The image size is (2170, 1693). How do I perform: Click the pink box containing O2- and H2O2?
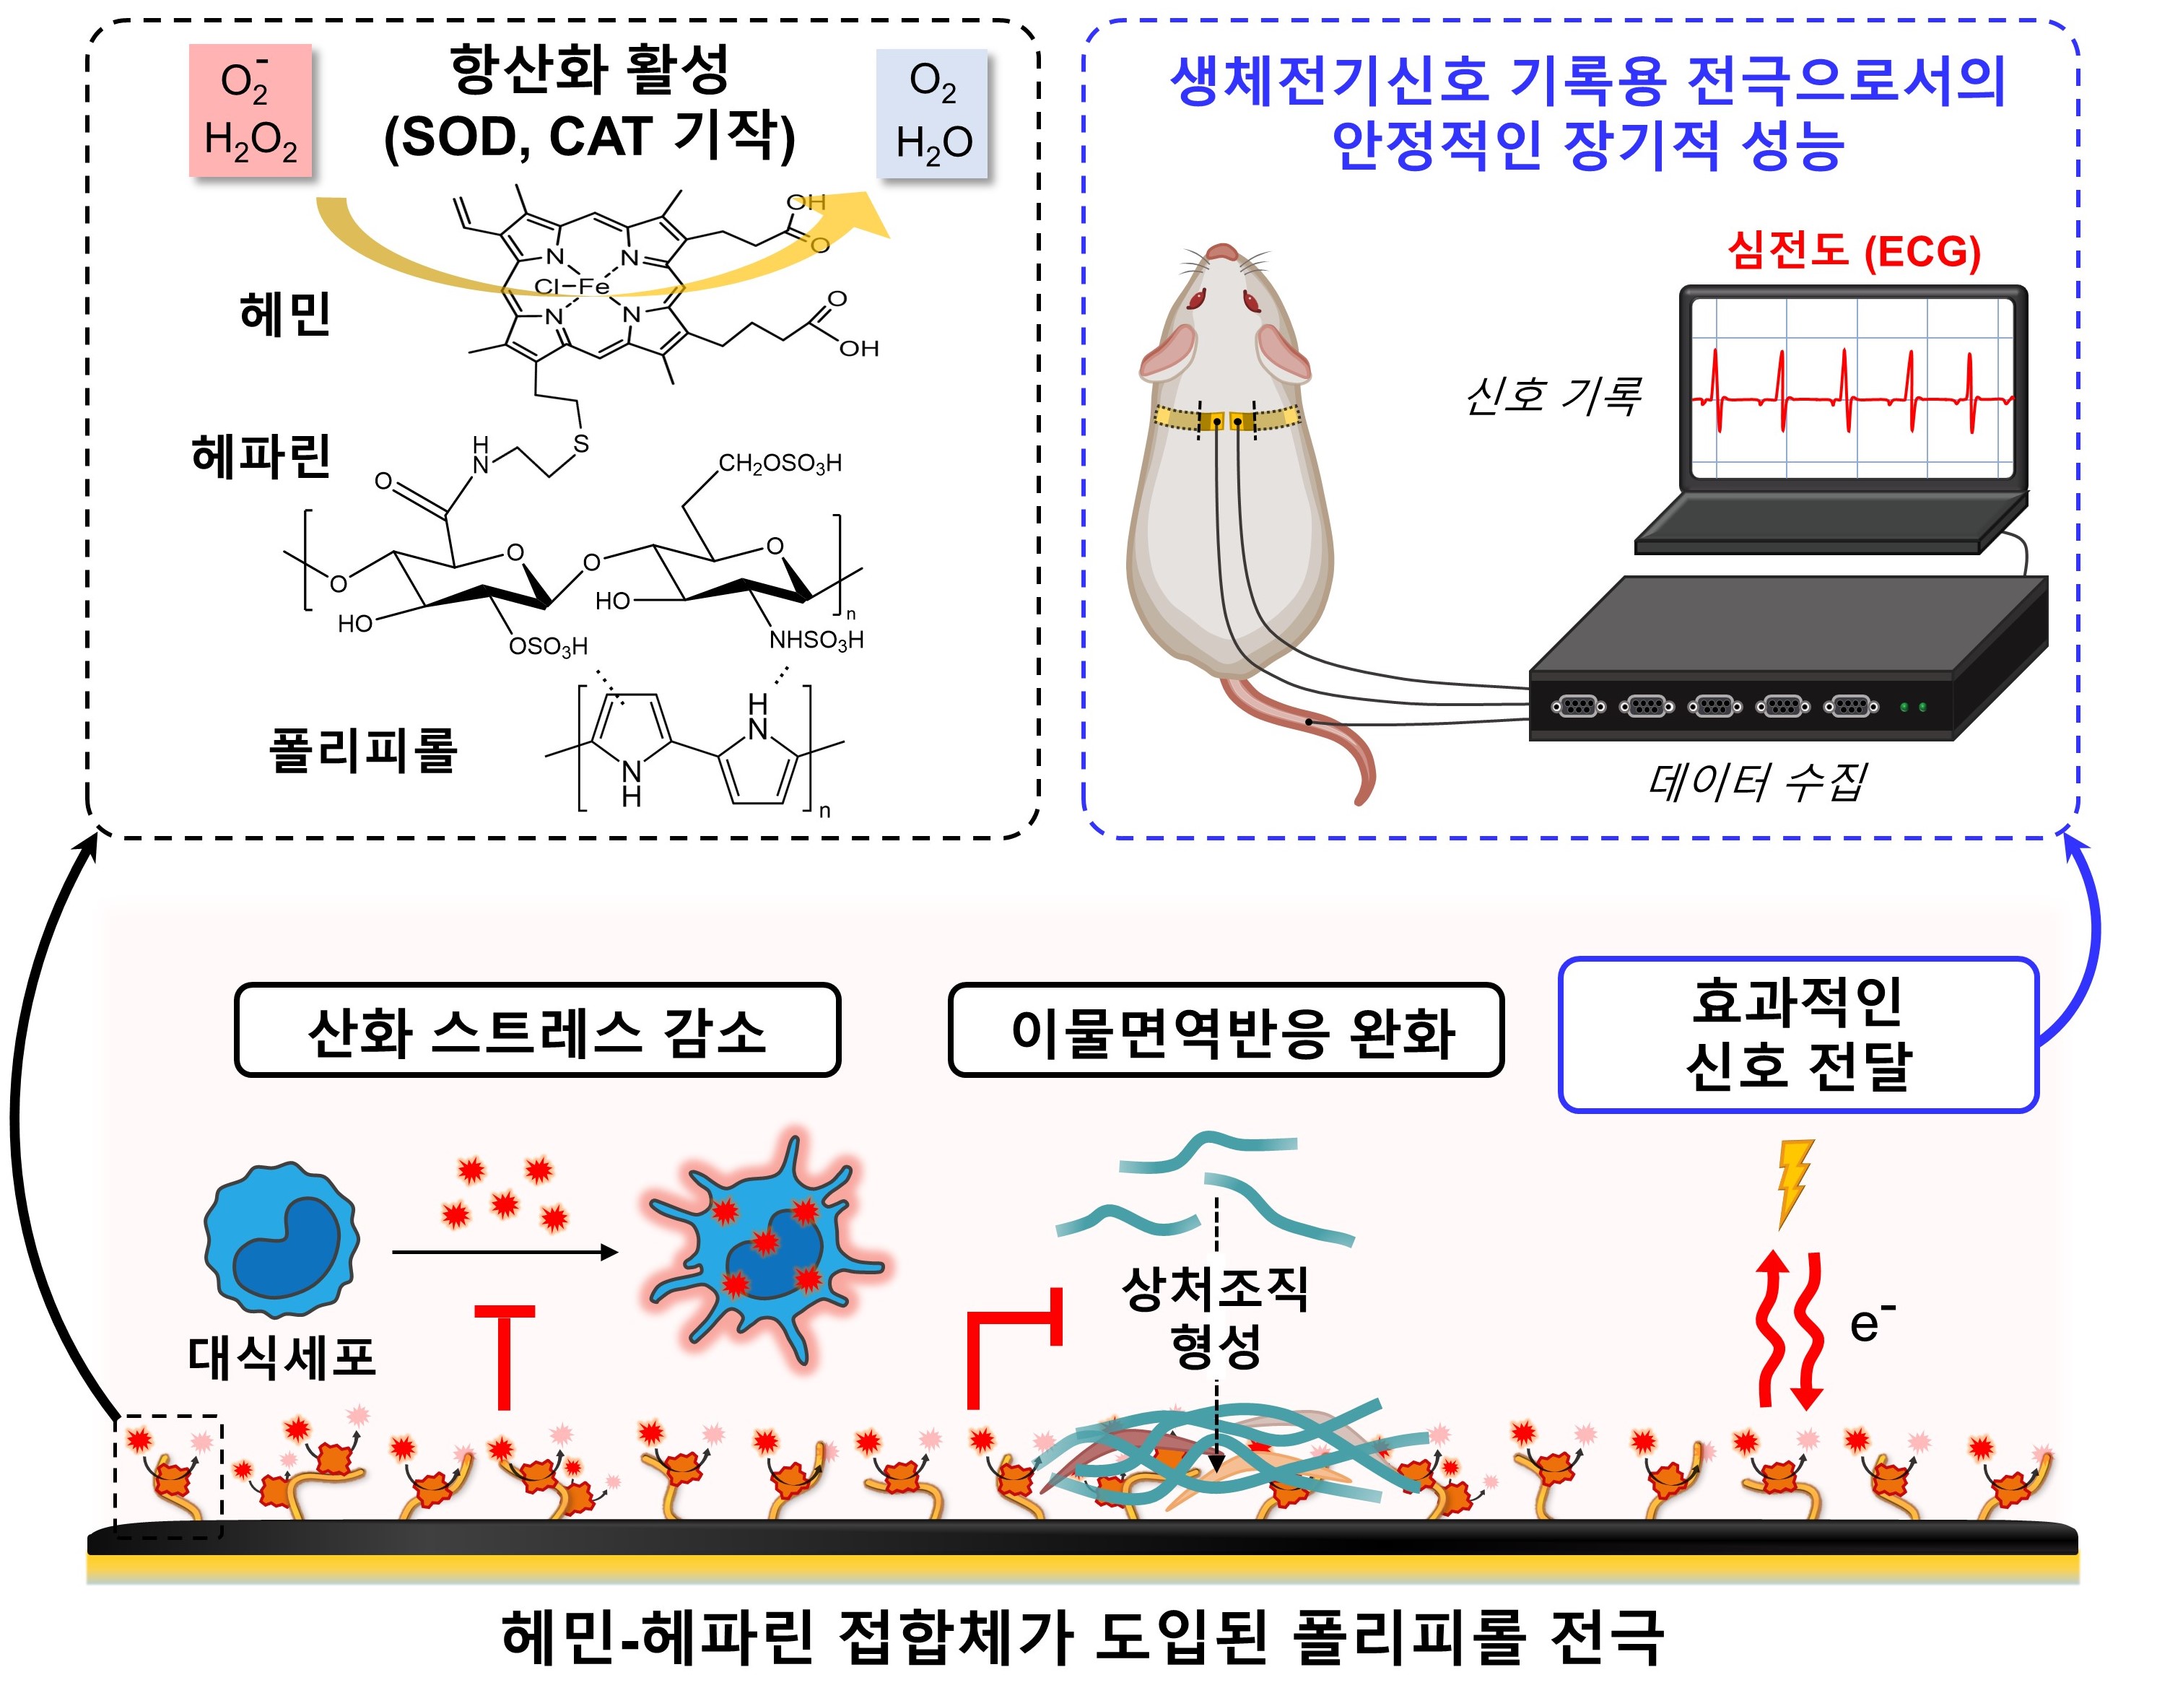pos(250,110)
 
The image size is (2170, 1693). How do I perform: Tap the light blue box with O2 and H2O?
pos(932,113)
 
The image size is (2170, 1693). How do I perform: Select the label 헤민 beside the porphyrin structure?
pos(285,314)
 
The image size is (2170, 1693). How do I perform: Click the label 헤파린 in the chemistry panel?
pos(261,457)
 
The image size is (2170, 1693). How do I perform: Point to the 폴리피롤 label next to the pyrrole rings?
pos(362,750)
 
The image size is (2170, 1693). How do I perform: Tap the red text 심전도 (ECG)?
pos(1854,251)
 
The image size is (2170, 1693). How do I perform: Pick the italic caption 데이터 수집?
pos(1756,782)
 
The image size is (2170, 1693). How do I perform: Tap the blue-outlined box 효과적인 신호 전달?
pos(1798,1035)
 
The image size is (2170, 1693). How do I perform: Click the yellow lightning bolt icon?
pos(1793,1183)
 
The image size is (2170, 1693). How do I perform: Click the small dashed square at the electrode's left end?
pos(169,1476)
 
